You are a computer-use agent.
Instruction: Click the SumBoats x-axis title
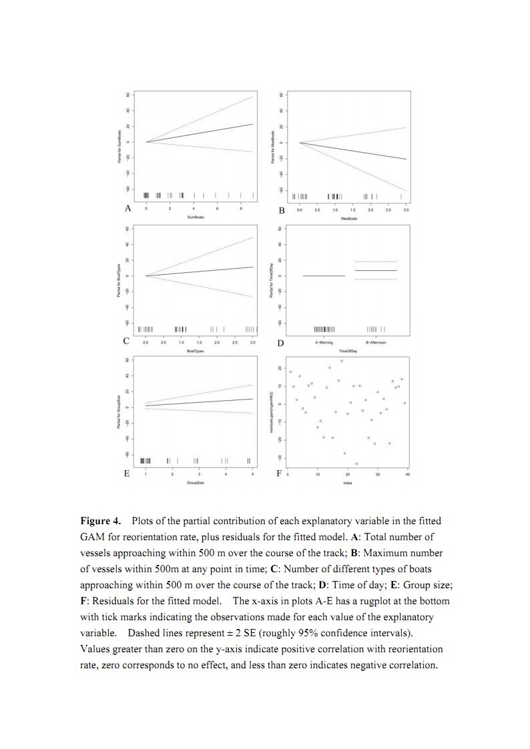click(x=196, y=217)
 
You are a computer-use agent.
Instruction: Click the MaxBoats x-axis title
click(x=348, y=218)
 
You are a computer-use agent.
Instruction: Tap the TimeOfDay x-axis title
click(x=348, y=350)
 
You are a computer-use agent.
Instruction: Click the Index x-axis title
click(x=348, y=482)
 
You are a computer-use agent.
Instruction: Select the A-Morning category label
click(x=324, y=342)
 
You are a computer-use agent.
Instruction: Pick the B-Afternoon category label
click(x=376, y=342)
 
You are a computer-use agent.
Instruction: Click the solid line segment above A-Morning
click(x=324, y=275)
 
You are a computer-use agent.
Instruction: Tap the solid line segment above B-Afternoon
click(x=376, y=270)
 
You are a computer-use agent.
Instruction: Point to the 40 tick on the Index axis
click(x=407, y=475)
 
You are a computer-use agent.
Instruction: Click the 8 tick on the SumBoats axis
click(x=240, y=209)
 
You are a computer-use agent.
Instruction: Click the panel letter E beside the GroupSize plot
click(x=127, y=474)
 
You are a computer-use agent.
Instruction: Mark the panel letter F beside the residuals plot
click(x=280, y=474)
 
